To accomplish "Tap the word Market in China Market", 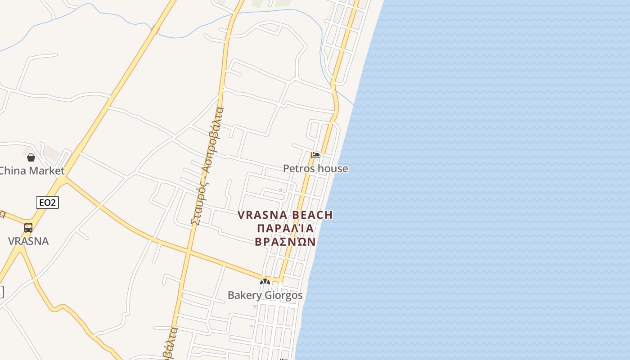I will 46,171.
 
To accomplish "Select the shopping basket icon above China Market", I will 31,157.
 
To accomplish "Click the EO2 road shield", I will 47,202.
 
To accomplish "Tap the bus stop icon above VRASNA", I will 28,228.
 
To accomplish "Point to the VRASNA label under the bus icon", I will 28,241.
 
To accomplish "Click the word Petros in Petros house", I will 298,169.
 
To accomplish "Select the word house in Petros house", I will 332,169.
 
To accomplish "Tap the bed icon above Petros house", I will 315,156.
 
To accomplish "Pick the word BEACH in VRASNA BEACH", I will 312,215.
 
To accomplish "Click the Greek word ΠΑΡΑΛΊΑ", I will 285,228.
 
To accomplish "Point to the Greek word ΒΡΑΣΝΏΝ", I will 285,242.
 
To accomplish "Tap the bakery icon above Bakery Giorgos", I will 265,282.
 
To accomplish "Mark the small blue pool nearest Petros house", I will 281,190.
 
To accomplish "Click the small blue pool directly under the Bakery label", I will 255,306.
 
